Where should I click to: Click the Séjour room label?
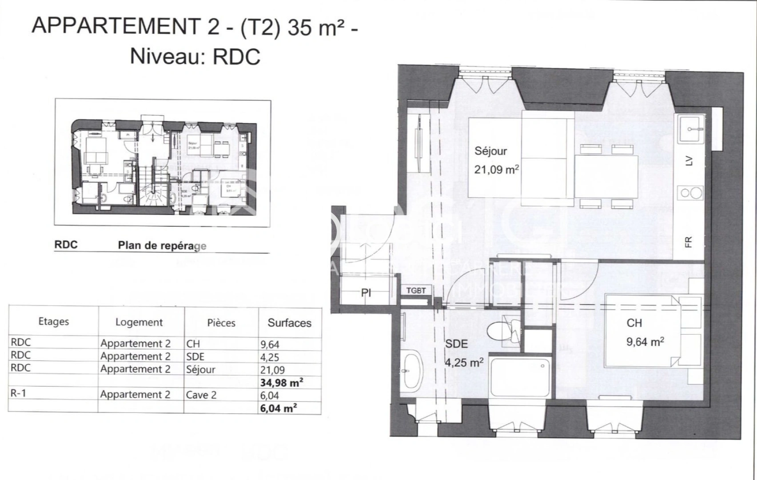pos(490,151)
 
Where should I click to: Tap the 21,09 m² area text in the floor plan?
pos(496,169)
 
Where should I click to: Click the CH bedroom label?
pos(634,323)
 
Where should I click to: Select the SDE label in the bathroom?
pos(456,344)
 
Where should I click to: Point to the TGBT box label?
pos(416,291)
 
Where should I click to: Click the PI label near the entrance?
pos(366,293)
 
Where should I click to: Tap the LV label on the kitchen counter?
pos(689,161)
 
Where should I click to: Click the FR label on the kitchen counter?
pos(689,242)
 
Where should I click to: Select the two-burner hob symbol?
pos(690,193)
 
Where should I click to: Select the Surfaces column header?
pos(289,323)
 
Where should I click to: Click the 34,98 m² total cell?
pos(282,382)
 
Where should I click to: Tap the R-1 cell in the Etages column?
pos(18,393)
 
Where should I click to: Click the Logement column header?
pos(139,322)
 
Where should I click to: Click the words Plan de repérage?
pos(162,246)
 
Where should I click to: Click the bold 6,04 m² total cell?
pos(278,408)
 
